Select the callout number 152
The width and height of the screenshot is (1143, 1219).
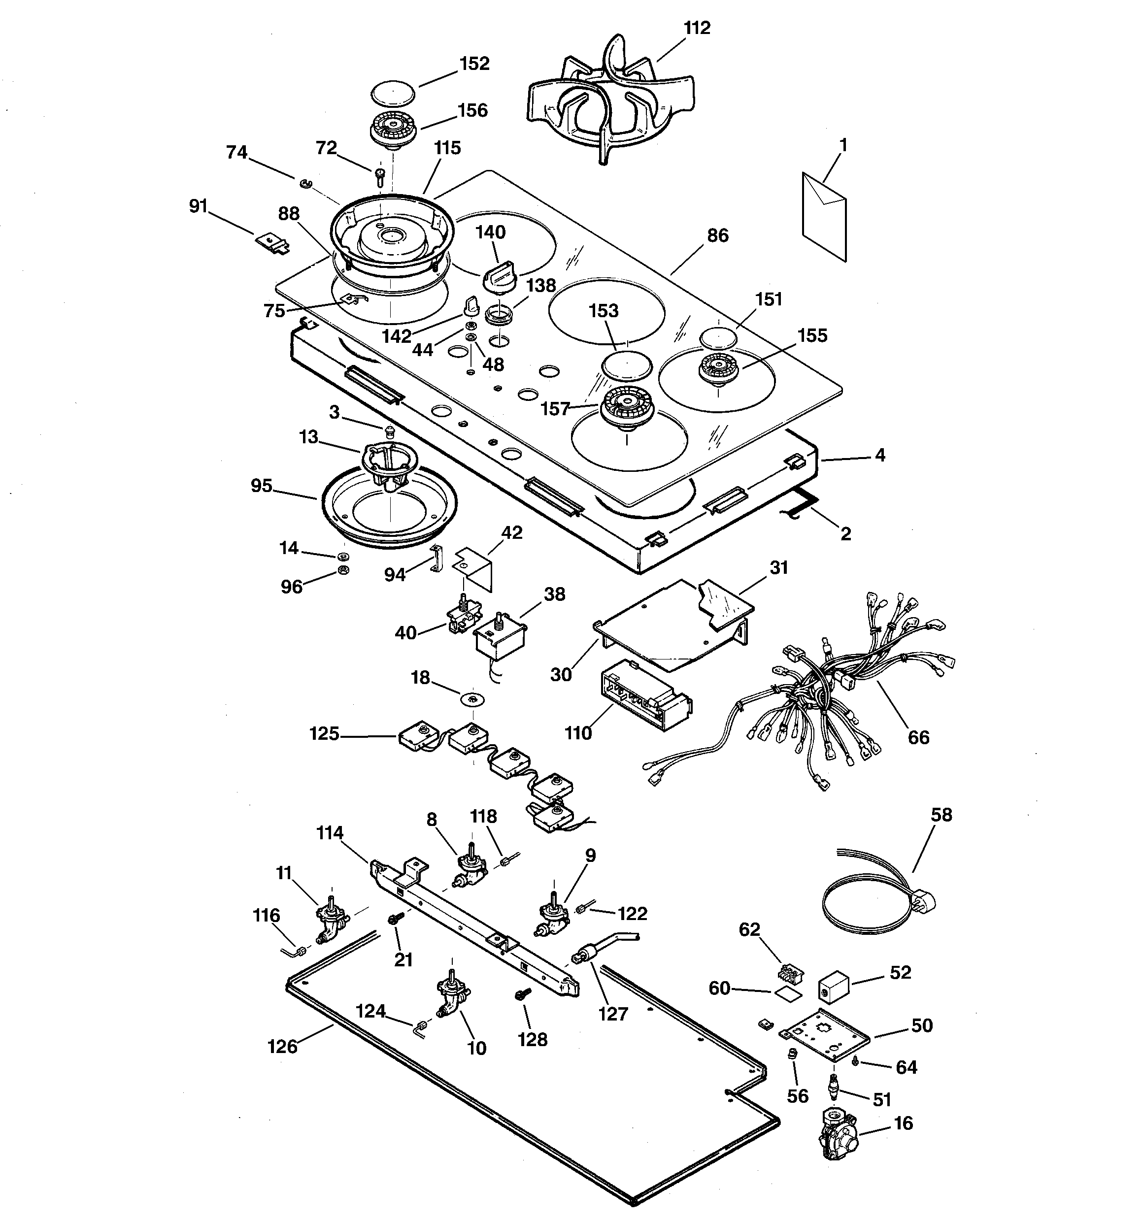click(x=474, y=64)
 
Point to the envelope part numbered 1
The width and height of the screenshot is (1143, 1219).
click(x=824, y=216)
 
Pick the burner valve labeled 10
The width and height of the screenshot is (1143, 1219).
click(x=451, y=998)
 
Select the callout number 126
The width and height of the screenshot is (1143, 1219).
click(x=282, y=1046)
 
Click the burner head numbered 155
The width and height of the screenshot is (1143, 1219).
click(x=718, y=370)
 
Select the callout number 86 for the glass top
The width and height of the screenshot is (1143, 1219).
click(x=717, y=236)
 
